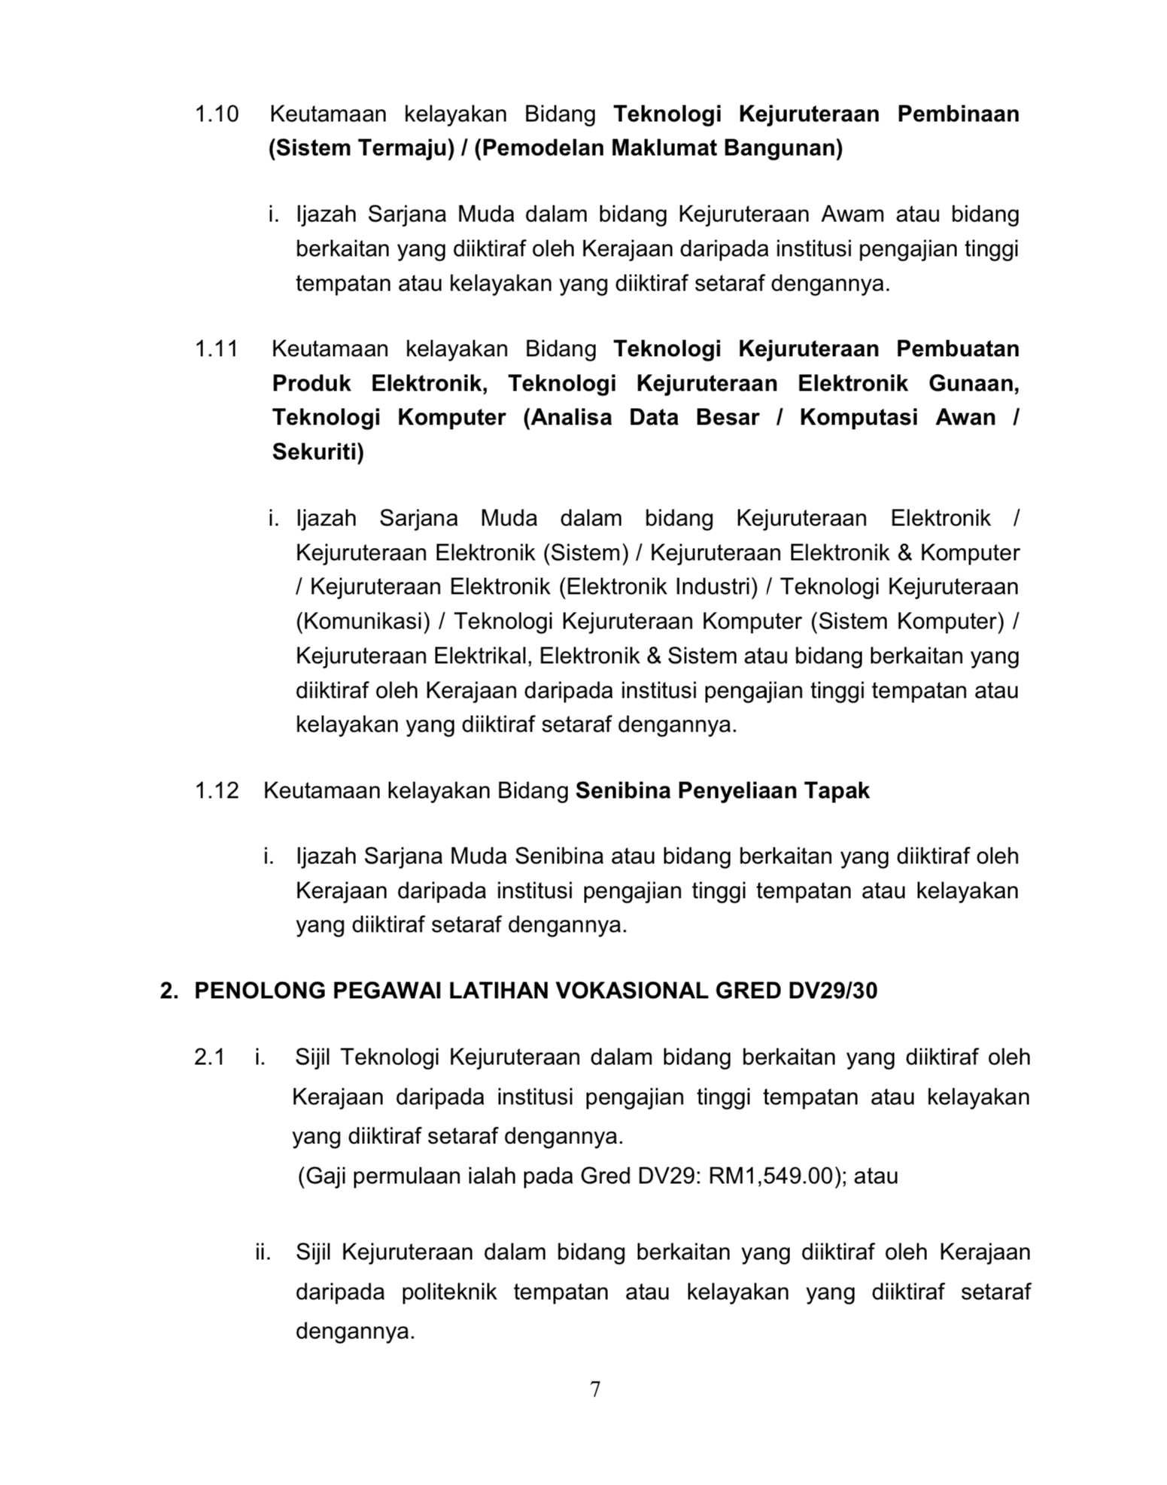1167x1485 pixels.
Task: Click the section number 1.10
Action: click(217, 114)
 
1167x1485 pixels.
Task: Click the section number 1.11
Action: click(217, 349)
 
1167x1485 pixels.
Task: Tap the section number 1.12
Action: click(217, 790)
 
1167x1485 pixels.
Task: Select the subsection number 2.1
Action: click(209, 1057)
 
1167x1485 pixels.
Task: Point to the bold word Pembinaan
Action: click(958, 114)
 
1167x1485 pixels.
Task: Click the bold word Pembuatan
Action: click(957, 349)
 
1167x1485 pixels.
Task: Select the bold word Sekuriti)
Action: click(318, 452)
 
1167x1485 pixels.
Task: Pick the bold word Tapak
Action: click(837, 790)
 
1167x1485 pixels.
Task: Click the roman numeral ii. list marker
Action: click(263, 1252)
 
